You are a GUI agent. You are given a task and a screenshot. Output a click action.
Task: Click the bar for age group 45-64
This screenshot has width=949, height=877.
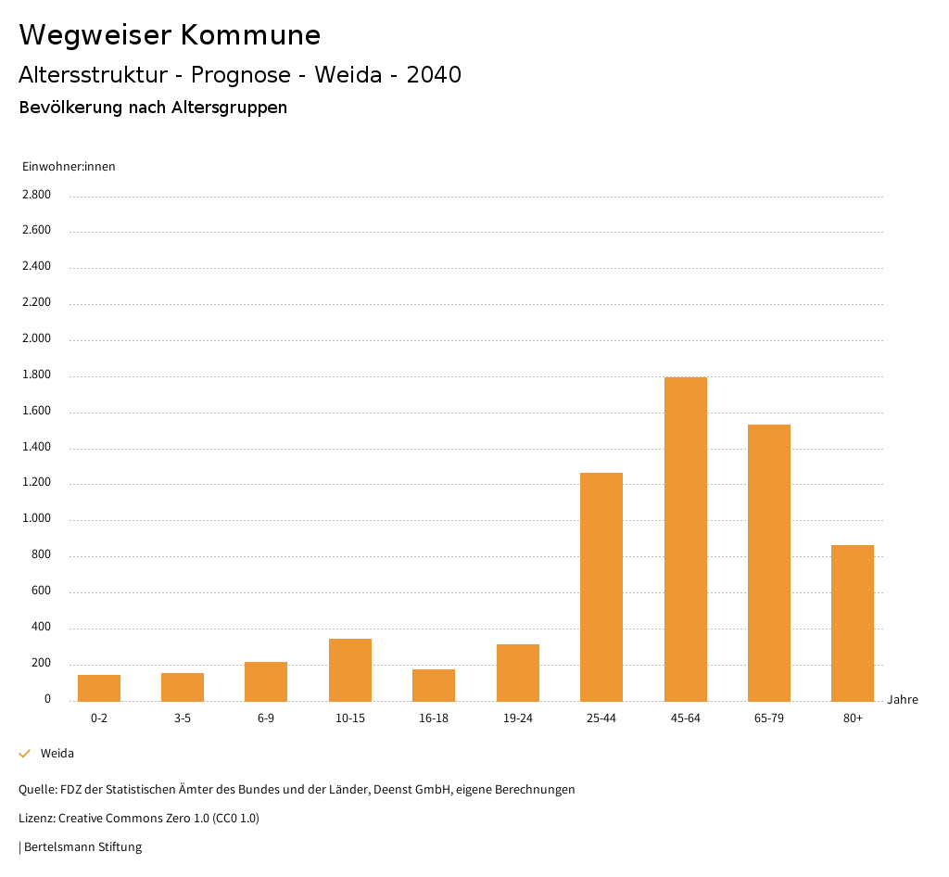click(685, 539)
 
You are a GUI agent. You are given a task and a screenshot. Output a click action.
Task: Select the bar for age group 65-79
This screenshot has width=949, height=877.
click(768, 563)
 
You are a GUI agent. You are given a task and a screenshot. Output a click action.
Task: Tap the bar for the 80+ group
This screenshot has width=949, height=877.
click(853, 623)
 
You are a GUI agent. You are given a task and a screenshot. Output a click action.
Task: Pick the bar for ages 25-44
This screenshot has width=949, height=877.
click(601, 587)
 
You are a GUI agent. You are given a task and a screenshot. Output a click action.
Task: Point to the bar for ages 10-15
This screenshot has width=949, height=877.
click(350, 669)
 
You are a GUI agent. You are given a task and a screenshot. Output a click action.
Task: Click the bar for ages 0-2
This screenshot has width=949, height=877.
click(99, 688)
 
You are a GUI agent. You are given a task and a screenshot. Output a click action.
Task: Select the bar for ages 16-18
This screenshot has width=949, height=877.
click(434, 685)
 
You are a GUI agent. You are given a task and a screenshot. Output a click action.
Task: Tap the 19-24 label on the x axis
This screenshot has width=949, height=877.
click(517, 718)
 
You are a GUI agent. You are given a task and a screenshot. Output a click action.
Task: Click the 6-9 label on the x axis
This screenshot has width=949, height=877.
click(266, 718)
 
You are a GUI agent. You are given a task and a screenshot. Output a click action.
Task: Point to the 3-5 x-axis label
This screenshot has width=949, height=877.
click(183, 718)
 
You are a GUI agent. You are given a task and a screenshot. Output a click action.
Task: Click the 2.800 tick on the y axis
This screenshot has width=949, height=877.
click(37, 195)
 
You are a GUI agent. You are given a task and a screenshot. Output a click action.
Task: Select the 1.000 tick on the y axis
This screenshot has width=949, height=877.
click(37, 519)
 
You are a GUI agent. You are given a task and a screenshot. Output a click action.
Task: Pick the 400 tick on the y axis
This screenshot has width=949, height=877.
click(42, 628)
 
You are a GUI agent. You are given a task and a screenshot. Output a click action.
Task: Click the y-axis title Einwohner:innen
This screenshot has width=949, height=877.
click(69, 167)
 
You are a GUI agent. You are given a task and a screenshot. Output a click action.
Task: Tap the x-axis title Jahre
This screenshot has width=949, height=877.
click(902, 700)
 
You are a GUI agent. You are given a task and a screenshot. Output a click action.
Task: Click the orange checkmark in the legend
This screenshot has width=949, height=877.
click(25, 754)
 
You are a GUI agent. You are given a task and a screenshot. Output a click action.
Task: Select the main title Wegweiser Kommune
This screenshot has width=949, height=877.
click(170, 35)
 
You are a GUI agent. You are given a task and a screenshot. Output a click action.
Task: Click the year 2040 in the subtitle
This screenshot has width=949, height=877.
click(434, 75)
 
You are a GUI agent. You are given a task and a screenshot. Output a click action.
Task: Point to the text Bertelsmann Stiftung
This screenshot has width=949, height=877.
click(82, 847)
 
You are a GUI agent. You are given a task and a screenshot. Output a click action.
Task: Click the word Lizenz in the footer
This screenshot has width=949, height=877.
click(36, 819)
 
